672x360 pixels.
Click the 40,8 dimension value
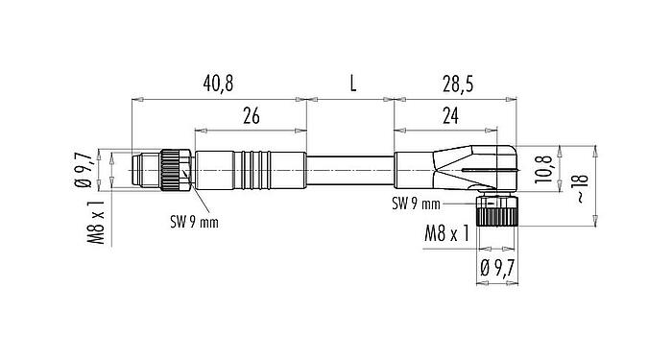point(216,84)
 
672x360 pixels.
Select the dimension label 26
point(251,115)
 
